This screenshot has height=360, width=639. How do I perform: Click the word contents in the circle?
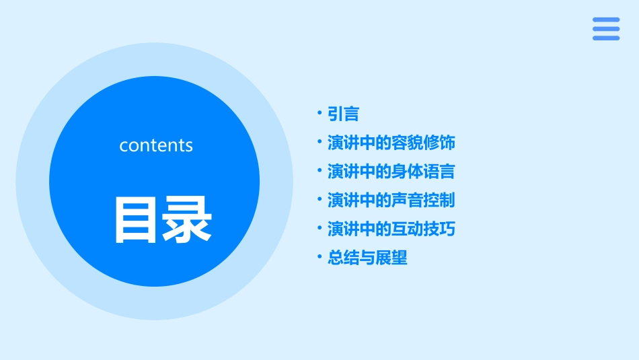pyautogui.click(x=156, y=145)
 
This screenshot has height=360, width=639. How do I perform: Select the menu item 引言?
pyautogui.click(x=343, y=114)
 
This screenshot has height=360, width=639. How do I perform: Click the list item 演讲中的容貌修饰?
pyautogui.click(x=391, y=143)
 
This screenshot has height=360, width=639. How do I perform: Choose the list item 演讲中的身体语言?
pyautogui.click(x=391, y=172)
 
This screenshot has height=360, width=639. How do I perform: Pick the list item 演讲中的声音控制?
pyautogui.click(x=391, y=201)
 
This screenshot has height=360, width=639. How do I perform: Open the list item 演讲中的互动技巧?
pyautogui.click(x=391, y=229)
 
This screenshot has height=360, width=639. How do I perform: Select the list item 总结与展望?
pyautogui.click(x=367, y=258)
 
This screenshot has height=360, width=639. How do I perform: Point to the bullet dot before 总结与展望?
pyautogui.click(x=319, y=257)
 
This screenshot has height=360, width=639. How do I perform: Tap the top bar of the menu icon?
pyautogui.click(x=606, y=20)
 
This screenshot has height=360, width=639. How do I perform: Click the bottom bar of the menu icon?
pyautogui.click(x=606, y=38)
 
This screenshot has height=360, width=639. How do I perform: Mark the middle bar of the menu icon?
pyautogui.click(x=606, y=29)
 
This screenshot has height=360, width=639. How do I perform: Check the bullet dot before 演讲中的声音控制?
pyautogui.click(x=319, y=200)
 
